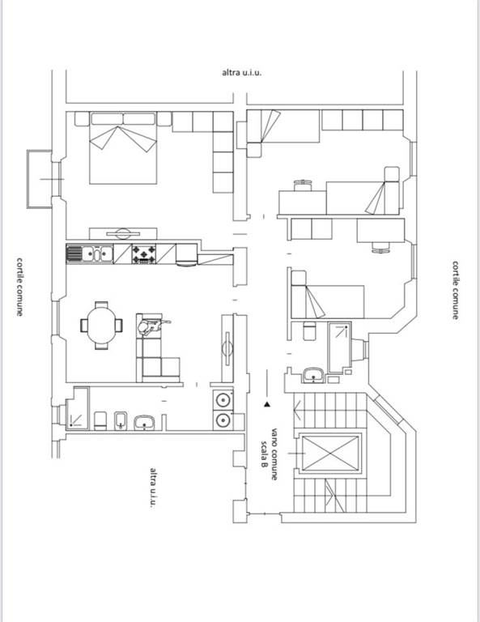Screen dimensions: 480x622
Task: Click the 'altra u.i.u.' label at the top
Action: (x=241, y=73)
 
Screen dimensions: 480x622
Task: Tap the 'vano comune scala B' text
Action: (x=269, y=454)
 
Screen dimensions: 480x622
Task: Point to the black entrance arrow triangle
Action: (x=268, y=405)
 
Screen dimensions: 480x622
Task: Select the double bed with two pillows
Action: (x=123, y=148)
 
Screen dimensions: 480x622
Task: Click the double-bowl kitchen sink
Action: (x=96, y=253)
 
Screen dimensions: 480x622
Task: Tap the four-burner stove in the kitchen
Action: (x=143, y=253)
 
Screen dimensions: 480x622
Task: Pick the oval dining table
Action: (x=102, y=326)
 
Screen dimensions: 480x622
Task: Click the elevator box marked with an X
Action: (x=330, y=453)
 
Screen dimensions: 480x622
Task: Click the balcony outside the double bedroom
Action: (x=39, y=179)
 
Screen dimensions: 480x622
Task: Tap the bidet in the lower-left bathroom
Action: (x=121, y=420)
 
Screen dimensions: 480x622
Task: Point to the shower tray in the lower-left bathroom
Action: (x=77, y=408)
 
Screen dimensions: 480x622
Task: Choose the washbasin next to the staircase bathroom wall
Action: (x=313, y=375)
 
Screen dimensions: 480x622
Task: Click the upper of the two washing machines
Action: (x=223, y=400)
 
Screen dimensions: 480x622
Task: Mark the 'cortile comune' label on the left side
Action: (x=19, y=287)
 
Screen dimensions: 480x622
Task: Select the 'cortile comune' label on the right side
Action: (x=456, y=290)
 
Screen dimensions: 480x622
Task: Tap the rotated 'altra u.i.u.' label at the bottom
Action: (x=153, y=487)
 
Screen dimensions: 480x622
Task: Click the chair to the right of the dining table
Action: (x=118, y=326)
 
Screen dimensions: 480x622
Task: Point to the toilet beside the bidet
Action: (x=100, y=420)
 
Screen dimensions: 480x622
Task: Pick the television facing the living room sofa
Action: (x=227, y=349)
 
